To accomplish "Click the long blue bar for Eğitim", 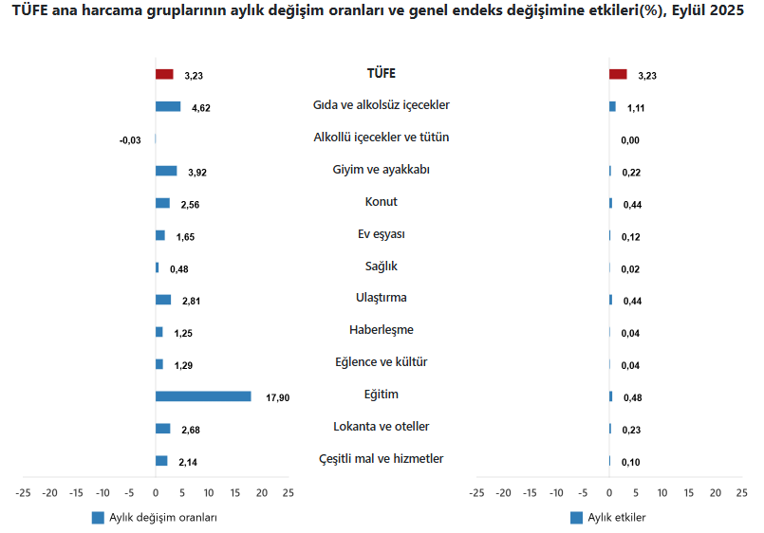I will [203, 396].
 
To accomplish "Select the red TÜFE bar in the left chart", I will [164, 74].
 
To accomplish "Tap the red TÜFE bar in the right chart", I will [618, 74].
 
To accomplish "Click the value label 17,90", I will [278, 397].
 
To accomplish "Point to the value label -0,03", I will [130, 140].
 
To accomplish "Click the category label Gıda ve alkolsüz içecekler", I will [381, 105].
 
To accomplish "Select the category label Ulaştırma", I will [381, 298].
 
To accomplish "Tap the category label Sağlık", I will [381, 266].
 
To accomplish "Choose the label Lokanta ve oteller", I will [381, 427].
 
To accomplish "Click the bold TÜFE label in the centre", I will [381, 73].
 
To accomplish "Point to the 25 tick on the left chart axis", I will [288, 493].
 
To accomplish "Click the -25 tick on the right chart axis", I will [477, 493].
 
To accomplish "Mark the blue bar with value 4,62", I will [168, 106].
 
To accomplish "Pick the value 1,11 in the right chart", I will [636, 108].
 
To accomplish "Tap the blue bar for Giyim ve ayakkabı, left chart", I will [166, 171].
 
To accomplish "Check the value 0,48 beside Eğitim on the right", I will [632, 398].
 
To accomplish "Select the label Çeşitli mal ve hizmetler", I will [381, 459].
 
